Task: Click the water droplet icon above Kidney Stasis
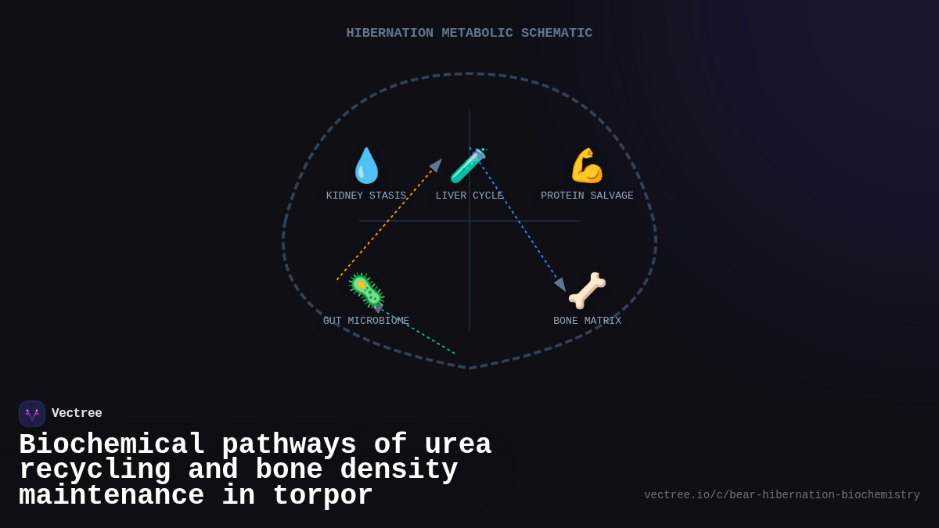tap(366, 166)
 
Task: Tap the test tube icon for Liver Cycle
tap(468, 166)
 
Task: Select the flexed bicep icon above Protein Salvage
tap(587, 166)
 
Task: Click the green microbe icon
tap(366, 290)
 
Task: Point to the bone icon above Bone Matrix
tap(587, 290)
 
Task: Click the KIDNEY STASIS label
tap(366, 196)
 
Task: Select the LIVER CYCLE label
tap(469, 196)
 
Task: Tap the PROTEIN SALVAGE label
tap(587, 196)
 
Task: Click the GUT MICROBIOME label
tap(366, 321)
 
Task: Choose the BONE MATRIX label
tap(587, 321)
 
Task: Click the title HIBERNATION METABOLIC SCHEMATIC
tap(469, 33)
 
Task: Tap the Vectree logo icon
tap(32, 414)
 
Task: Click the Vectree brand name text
tap(77, 414)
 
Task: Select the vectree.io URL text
tap(782, 495)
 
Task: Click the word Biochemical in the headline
tap(112, 445)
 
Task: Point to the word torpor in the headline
tap(322, 496)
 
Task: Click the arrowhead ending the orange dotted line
tap(437, 164)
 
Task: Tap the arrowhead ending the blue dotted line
tap(560, 285)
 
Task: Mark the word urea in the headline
tap(458, 445)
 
